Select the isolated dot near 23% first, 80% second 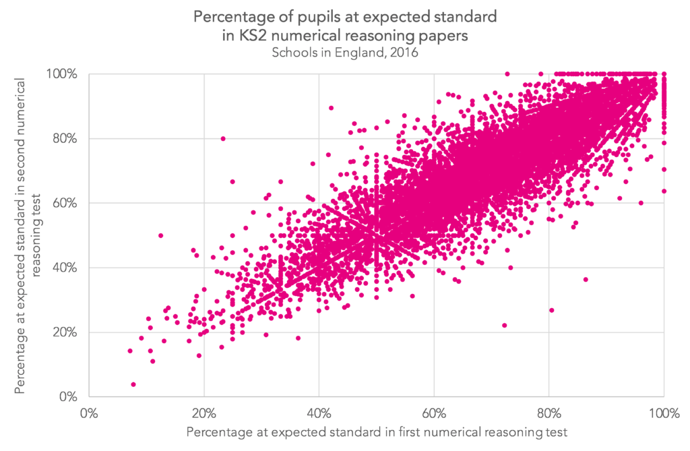pyautogui.click(x=223, y=138)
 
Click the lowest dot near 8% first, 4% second pyautogui.click(x=133, y=384)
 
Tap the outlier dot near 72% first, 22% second pyautogui.click(x=504, y=325)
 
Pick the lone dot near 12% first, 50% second pyautogui.click(x=160, y=235)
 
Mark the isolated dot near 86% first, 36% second pyautogui.click(x=586, y=279)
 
